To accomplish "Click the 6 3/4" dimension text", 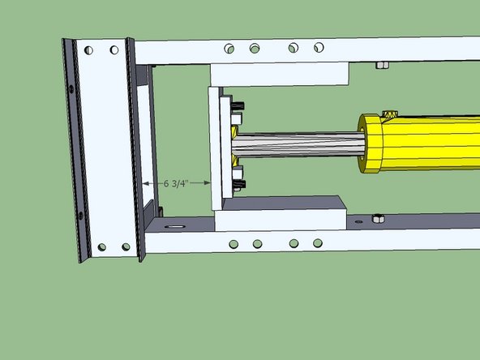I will point(176,184).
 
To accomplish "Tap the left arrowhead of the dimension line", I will point(147,184).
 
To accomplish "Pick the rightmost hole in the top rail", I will point(318,48).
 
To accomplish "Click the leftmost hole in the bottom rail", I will point(234,243).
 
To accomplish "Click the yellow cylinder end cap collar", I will point(373,144).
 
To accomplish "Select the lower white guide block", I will point(280,212).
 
